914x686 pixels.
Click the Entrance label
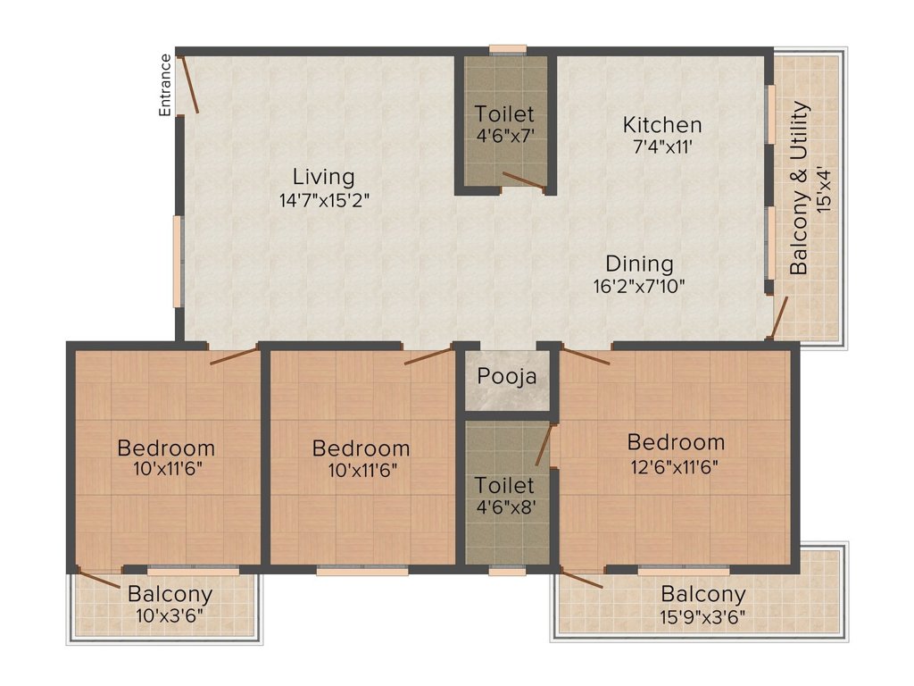165,85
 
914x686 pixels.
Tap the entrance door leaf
189,84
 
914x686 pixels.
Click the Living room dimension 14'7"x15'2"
324,201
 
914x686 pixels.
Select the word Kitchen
662,125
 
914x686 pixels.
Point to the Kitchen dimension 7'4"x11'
662,146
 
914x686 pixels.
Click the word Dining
639,264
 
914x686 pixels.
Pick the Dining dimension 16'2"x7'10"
639,287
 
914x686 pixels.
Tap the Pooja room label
507,377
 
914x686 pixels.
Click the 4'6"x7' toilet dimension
505,136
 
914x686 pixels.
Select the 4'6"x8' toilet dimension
505,507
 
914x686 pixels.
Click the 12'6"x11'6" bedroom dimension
675,466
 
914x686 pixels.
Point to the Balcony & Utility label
799,188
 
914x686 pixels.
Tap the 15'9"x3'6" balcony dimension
702,616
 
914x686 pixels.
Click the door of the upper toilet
524,180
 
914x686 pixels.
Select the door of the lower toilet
544,445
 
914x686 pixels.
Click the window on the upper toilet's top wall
508,50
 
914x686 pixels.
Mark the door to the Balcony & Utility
778,317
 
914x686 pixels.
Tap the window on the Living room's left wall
178,262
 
